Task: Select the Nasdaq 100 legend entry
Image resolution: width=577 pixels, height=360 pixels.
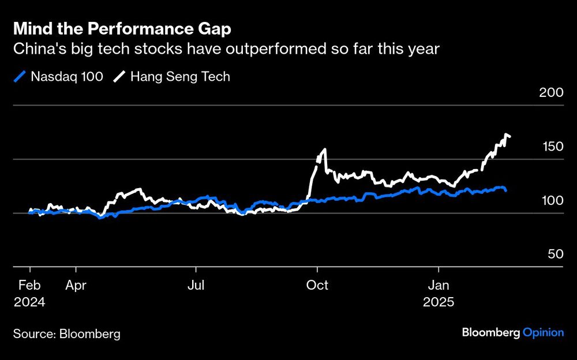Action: click(58, 76)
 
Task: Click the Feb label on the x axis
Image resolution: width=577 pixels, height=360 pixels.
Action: click(29, 285)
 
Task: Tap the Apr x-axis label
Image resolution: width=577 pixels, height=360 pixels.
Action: click(76, 285)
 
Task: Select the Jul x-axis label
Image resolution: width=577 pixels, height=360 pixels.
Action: click(196, 285)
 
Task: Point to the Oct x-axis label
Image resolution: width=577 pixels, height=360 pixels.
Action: click(317, 285)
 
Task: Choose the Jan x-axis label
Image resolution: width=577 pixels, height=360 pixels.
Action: click(439, 285)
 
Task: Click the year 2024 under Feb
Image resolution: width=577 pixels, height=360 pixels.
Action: click(29, 302)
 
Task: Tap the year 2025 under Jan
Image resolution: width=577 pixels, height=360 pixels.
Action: click(439, 302)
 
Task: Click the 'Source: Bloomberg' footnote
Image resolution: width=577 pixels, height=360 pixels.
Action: click(67, 333)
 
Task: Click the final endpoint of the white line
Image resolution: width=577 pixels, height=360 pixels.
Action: click(509, 137)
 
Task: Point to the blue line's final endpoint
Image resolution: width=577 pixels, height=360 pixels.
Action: click(506, 190)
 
